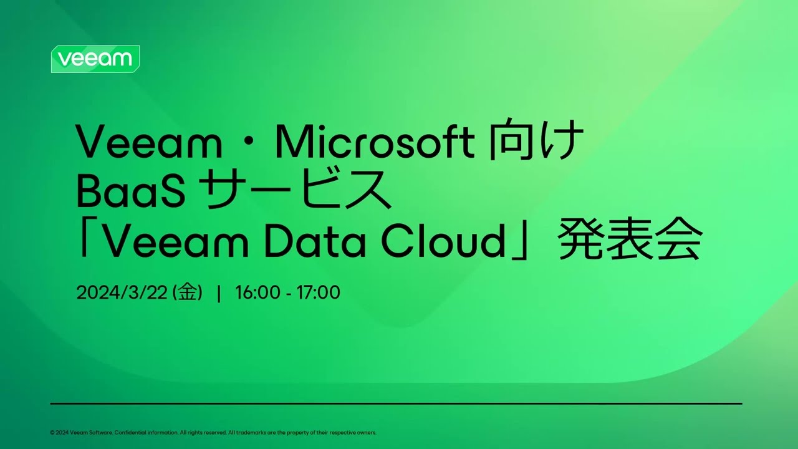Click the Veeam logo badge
[x=95, y=59]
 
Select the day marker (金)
[x=188, y=292]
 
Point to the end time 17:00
[x=318, y=292]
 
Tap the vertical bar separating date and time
[x=219, y=293]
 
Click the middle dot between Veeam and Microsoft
[x=248, y=143]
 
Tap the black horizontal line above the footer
[x=396, y=403]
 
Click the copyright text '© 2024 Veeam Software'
[x=81, y=432]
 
